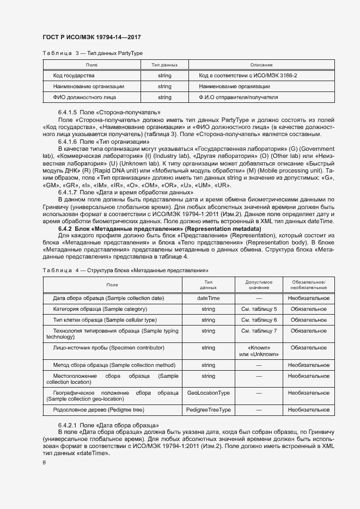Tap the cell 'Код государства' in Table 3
click(x=74, y=75)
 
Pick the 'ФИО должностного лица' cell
click(x=84, y=97)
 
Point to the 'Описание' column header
click(x=261, y=65)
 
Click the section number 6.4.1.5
click(x=68, y=112)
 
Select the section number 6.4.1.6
click(x=68, y=140)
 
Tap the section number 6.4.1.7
click(x=68, y=192)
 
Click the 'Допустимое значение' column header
click(x=259, y=285)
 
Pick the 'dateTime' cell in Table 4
click(x=208, y=298)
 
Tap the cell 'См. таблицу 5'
click(x=259, y=309)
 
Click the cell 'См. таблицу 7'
click(x=259, y=330)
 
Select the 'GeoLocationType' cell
click(x=208, y=393)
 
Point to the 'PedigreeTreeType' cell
click(x=208, y=409)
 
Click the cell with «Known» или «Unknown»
click(x=259, y=351)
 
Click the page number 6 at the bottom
click(x=44, y=463)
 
